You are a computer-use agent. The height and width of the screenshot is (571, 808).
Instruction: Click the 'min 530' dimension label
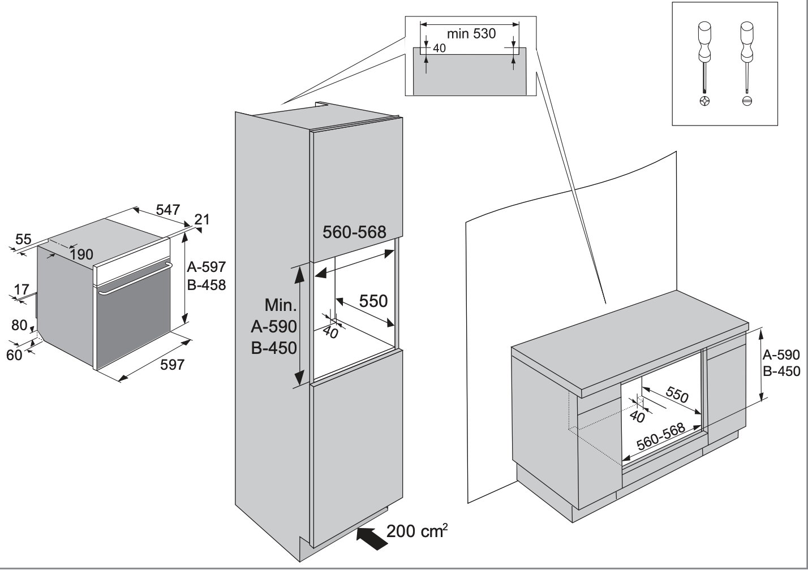[x=471, y=34]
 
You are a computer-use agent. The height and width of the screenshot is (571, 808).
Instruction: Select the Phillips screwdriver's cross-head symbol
[x=704, y=101]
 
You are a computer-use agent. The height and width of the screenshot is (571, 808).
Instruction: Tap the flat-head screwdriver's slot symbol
[x=747, y=101]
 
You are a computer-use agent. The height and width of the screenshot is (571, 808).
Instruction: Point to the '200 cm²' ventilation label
[x=417, y=531]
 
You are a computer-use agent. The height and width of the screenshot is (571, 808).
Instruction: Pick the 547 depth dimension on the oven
[x=168, y=210]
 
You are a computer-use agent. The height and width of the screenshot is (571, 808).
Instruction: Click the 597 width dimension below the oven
[x=172, y=365]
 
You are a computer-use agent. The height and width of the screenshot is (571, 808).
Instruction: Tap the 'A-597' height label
[x=207, y=266]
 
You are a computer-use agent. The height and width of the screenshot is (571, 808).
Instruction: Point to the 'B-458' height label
[x=207, y=285]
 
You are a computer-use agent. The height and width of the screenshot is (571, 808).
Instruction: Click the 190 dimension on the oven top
[x=81, y=254]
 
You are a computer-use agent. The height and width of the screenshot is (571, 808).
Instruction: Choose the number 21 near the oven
[x=202, y=219]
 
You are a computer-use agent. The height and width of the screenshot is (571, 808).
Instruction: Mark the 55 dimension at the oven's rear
[x=23, y=239]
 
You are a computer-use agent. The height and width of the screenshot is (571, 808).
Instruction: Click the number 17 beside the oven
[x=22, y=290]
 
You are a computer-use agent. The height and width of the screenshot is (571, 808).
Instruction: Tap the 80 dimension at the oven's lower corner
[x=19, y=325]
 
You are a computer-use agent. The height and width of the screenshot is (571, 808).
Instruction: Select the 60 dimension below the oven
[x=15, y=354]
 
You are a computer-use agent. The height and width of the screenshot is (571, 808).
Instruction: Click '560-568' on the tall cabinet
[x=354, y=232]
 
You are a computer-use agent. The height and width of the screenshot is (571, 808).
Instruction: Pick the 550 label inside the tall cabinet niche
[x=373, y=301]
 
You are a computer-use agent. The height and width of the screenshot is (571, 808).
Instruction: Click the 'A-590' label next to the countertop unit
[x=781, y=355]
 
